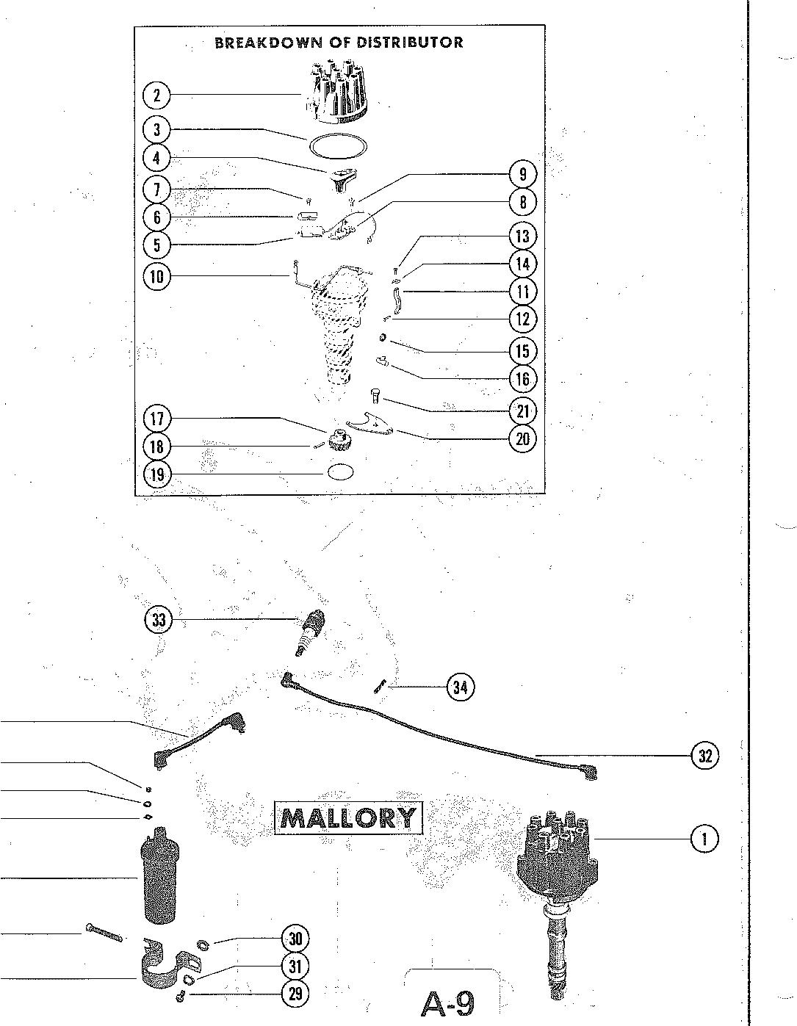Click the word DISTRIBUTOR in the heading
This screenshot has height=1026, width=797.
[410, 43]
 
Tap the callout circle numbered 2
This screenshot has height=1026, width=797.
[156, 95]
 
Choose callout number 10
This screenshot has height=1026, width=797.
[156, 277]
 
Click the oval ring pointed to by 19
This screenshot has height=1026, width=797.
[340, 472]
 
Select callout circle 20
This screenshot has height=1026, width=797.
[522, 439]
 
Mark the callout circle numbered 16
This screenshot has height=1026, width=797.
[522, 379]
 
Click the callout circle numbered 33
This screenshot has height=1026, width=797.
[159, 620]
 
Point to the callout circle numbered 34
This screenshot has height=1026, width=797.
[460, 687]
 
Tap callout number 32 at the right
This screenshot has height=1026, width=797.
[704, 755]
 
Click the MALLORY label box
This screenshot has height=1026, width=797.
[349, 817]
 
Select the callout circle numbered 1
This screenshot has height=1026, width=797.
[704, 838]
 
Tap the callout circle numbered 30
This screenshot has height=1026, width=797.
[295, 939]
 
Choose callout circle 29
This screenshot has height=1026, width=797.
[295, 994]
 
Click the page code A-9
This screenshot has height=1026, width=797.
[447, 1003]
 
